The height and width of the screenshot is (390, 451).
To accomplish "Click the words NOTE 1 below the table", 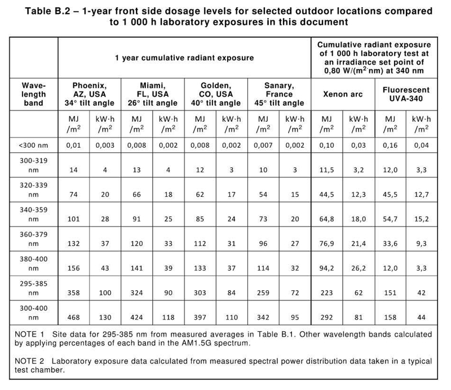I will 28,334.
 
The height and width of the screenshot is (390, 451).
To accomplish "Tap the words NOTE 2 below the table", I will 28,361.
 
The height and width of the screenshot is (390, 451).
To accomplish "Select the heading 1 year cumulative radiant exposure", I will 184,57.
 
